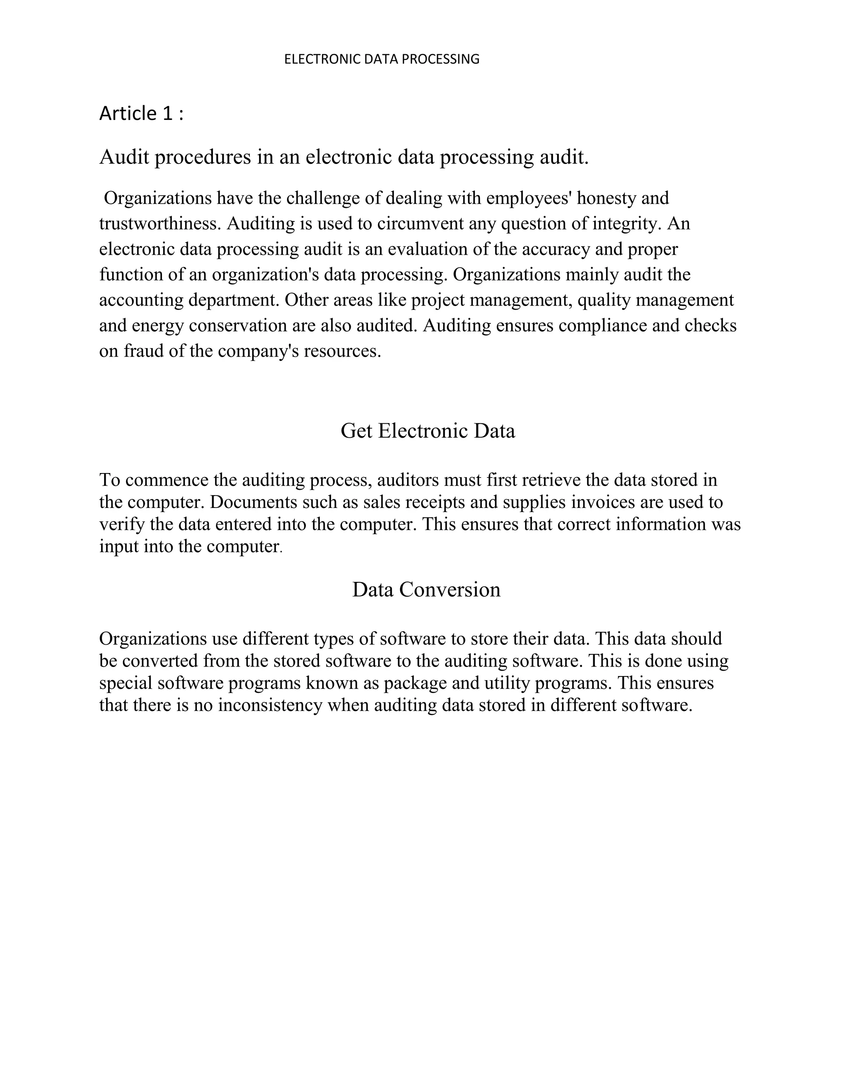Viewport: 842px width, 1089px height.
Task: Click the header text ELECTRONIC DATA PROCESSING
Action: click(382, 59)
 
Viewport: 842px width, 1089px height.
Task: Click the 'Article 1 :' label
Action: click(141, 114)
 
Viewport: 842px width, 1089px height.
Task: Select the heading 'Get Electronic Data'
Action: click(428, 431)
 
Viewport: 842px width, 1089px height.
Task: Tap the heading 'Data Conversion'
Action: click(426, 589)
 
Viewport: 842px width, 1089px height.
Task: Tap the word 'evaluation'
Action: click(428, 249)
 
